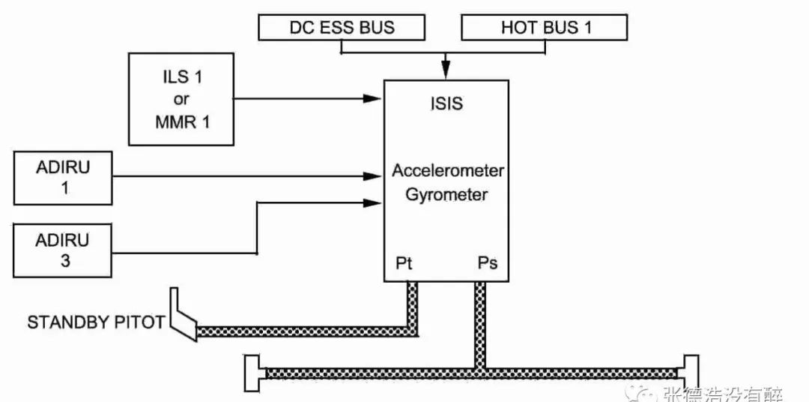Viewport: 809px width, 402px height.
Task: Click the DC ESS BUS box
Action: [342, 28]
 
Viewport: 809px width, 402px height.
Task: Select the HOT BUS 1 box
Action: [545, 28]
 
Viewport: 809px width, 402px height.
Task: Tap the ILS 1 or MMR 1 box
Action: [181, 99]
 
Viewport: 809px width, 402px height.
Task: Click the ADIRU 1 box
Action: [63, 178]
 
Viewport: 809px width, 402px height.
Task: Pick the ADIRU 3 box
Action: [63, 250]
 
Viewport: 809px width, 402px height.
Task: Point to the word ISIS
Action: [446, 103]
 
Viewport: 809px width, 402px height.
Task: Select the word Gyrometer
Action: [446, 195]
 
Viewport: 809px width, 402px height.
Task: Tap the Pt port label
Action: [404, 263]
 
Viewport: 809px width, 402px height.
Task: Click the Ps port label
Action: [488, 263]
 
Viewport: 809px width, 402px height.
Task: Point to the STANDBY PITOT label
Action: [95, 323]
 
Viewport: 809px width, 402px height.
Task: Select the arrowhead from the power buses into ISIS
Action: [446, 71]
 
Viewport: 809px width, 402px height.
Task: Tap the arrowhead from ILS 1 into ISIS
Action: [372, 98]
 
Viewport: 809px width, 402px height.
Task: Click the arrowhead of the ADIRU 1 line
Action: [372, 176]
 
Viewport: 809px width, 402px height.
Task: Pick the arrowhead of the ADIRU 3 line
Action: [372, 202]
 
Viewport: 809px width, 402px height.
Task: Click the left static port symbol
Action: [255, 373]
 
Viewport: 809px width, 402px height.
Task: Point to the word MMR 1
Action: [183, 123]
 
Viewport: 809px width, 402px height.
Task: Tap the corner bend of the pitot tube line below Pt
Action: [412, 331]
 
